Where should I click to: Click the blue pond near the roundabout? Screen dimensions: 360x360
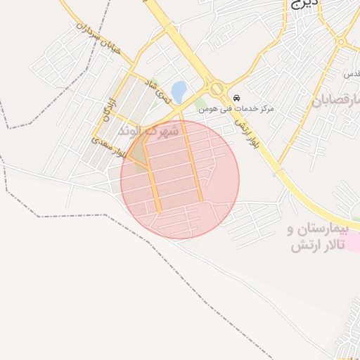tap(179, 90)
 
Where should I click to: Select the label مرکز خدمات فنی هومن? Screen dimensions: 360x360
tap(236, 108)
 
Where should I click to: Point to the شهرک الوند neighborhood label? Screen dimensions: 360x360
tap(148, 131)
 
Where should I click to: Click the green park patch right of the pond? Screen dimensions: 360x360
tap(200, 104)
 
